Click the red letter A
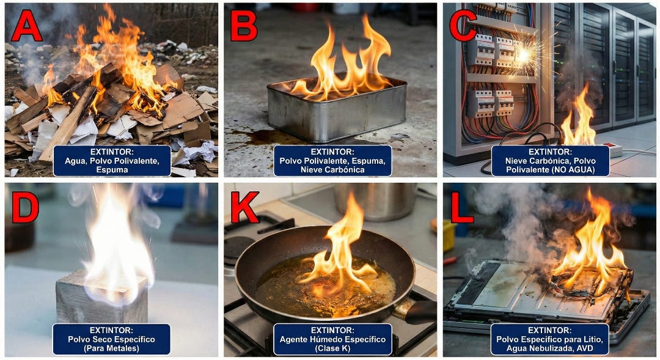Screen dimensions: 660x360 tap(26, 26)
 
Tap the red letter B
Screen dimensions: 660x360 tap(244, 26)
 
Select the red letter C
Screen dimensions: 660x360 tap(463, 26)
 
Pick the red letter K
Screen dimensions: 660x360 tap(244, 207)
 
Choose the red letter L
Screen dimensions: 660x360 tap(462, 207)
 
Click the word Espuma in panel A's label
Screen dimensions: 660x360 tap(112, 170)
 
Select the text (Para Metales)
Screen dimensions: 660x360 tap(111, 348)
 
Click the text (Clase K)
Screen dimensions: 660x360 tap(332, 348)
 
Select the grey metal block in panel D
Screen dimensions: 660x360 tap(101, 298)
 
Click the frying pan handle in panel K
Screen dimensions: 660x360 tap(417, 312)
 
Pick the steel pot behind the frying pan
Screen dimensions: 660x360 tap(375, 201)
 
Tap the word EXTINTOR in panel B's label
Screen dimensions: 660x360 tap(332, 152)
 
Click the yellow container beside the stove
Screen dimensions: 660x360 tap(449, 236)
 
